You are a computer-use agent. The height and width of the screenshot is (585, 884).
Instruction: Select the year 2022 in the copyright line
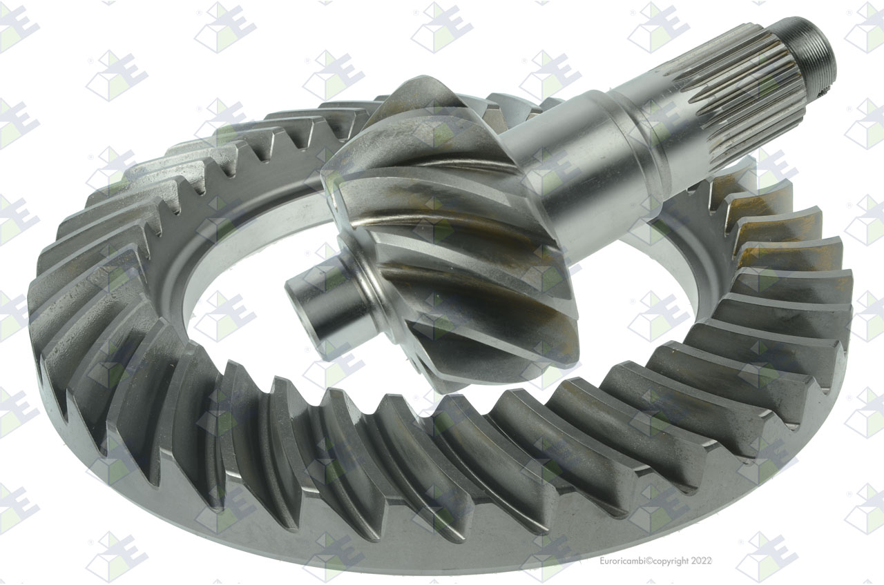[x=702, y=561]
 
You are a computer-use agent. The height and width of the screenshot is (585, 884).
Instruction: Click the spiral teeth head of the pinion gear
[x=442, y=237]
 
